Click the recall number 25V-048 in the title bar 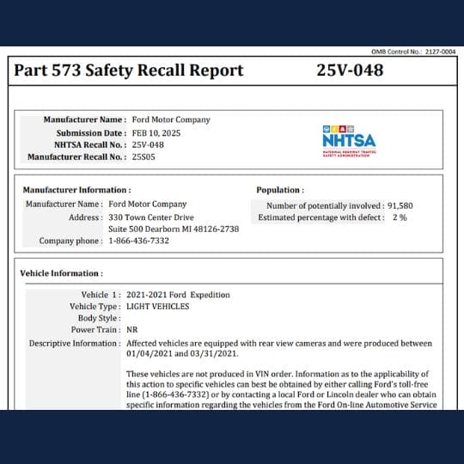pyautogui.click(x=350, y=70)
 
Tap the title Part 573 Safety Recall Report pyautogui.click(x=128, y=70)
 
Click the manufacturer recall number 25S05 pyautogui.click(x=144, y=157)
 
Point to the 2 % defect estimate pyautogui.click(x=399, y=217)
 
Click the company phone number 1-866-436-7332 pyautogui.click(x=138, y=241)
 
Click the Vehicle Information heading pyautogui.click(x=62, y=273)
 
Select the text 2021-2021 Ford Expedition pyautogui.click(x=178, y=295)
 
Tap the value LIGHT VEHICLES pyautogui.click(x=161, y=307)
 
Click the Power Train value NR pyautogui.click(x=132, y=330)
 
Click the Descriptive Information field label pyautogui.click(x=75, y=343)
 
